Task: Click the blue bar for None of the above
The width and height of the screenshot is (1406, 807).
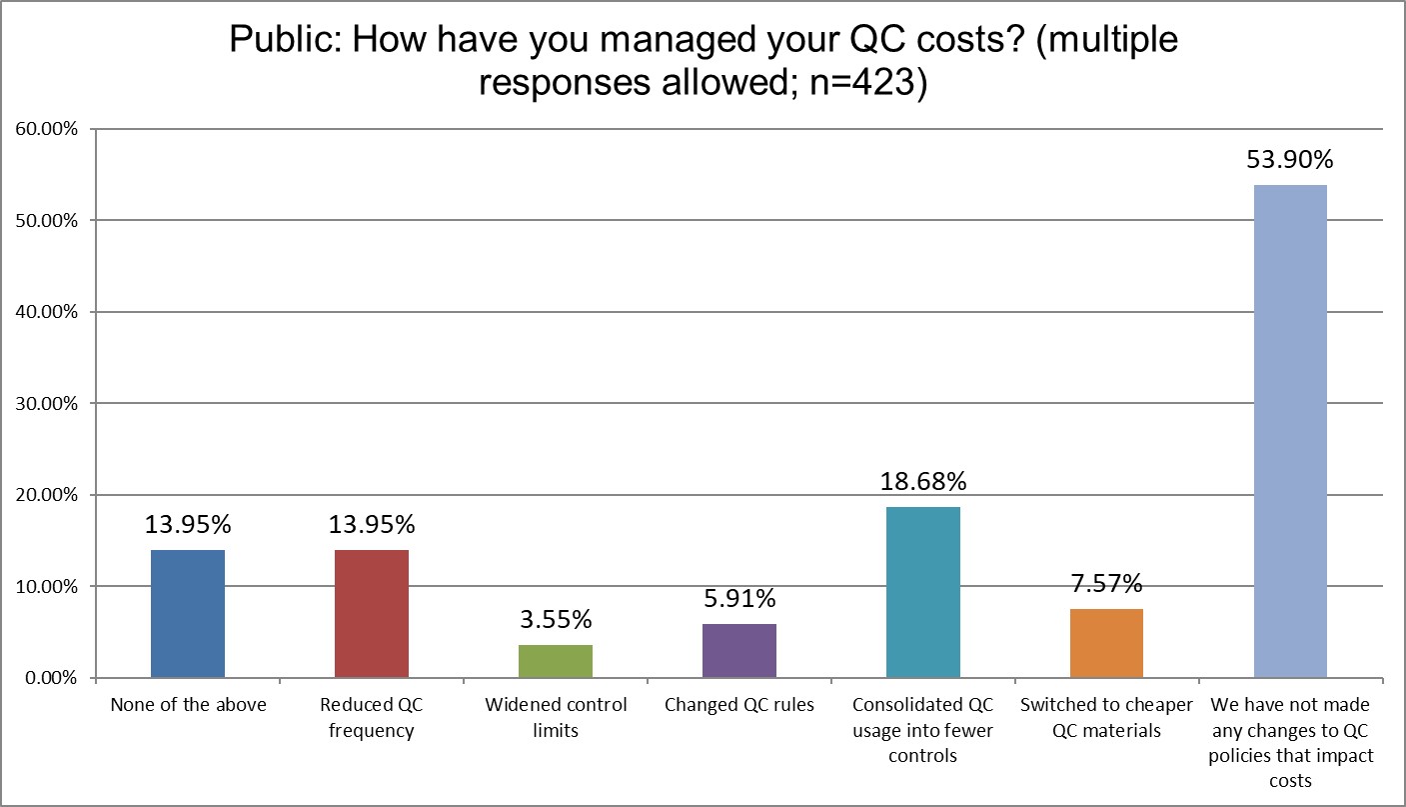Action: pos(188,614)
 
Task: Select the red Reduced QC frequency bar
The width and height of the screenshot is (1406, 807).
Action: pos(372,614)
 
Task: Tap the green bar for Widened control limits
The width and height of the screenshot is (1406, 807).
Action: pos(556,661)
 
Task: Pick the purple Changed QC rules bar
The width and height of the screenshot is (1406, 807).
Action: pos(739,651)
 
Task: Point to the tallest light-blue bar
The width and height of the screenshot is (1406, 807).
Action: pos(1290,431)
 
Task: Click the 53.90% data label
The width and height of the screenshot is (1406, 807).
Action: pos(1290,160)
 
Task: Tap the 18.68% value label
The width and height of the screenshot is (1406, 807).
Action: pos(923,481)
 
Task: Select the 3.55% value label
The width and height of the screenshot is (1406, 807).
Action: pos(556,620)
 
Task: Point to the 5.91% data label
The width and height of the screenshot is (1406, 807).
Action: pos(739,599)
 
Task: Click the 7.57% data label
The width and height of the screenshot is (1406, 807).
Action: pos(1106,583)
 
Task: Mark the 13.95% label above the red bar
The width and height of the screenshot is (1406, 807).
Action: pos(372,525)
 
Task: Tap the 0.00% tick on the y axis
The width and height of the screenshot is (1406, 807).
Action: pos(50,678)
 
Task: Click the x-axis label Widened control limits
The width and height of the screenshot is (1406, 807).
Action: pos(556,717)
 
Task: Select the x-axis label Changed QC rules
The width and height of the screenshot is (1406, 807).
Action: pos(739,705)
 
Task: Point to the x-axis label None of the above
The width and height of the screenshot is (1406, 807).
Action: pos(188,705)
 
